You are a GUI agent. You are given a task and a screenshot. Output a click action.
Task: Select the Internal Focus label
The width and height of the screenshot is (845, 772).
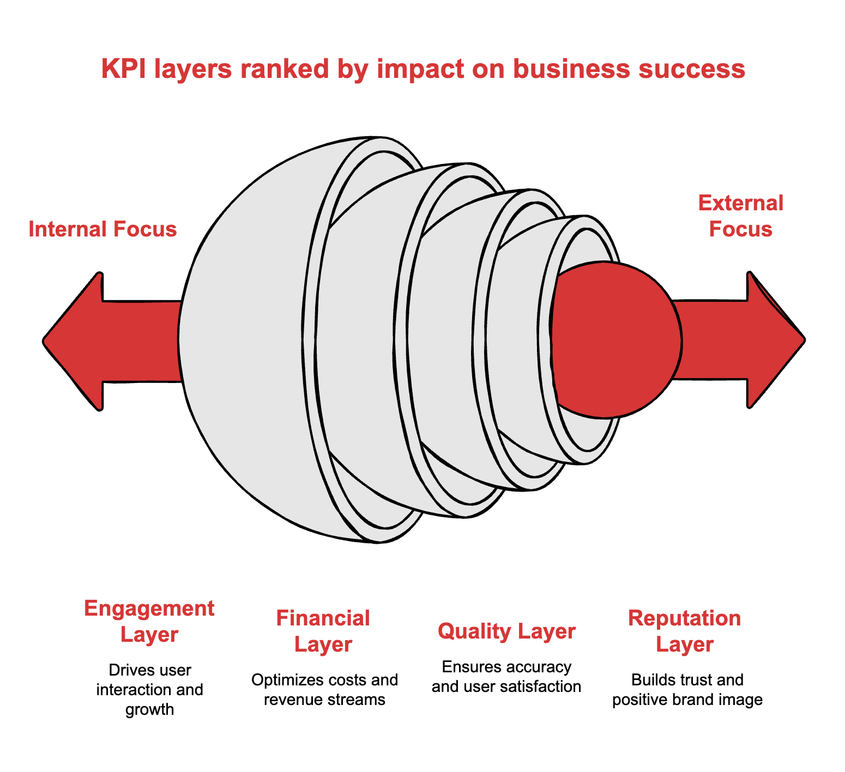click(102, 229)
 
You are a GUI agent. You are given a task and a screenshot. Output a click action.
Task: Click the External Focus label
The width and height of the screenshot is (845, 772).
click(740, 216)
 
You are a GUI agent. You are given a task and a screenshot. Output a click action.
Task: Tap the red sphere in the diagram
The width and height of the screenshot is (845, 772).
click(616, 340)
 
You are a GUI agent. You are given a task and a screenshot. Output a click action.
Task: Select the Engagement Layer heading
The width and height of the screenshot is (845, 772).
click(149, 622)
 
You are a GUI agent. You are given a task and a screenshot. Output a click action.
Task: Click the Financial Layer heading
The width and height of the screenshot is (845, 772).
click(323, 631)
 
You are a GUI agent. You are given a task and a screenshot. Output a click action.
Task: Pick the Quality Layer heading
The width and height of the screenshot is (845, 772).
click(506, 631)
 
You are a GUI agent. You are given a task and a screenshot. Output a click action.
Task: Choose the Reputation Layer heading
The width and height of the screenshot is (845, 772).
click(684, 631)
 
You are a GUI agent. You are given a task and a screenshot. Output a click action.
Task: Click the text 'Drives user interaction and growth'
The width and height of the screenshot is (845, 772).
click(149, 689)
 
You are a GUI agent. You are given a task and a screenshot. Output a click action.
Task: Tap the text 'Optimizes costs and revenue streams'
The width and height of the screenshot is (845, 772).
click(324, 689)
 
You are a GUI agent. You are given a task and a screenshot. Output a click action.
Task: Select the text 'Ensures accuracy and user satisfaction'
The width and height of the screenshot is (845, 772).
click(506, 676)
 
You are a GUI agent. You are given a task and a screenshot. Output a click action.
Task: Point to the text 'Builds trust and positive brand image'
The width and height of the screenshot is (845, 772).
click(687, 689)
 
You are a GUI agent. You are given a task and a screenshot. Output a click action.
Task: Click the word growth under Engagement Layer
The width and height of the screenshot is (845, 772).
click(149, 709)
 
